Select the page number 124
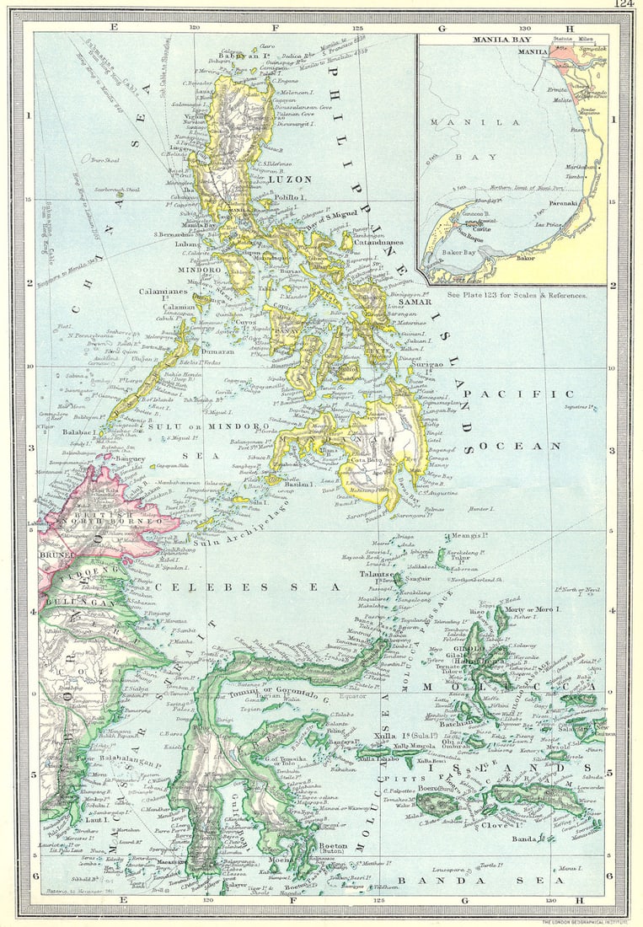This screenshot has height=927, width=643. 624,5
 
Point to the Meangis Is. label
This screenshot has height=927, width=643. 470,535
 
